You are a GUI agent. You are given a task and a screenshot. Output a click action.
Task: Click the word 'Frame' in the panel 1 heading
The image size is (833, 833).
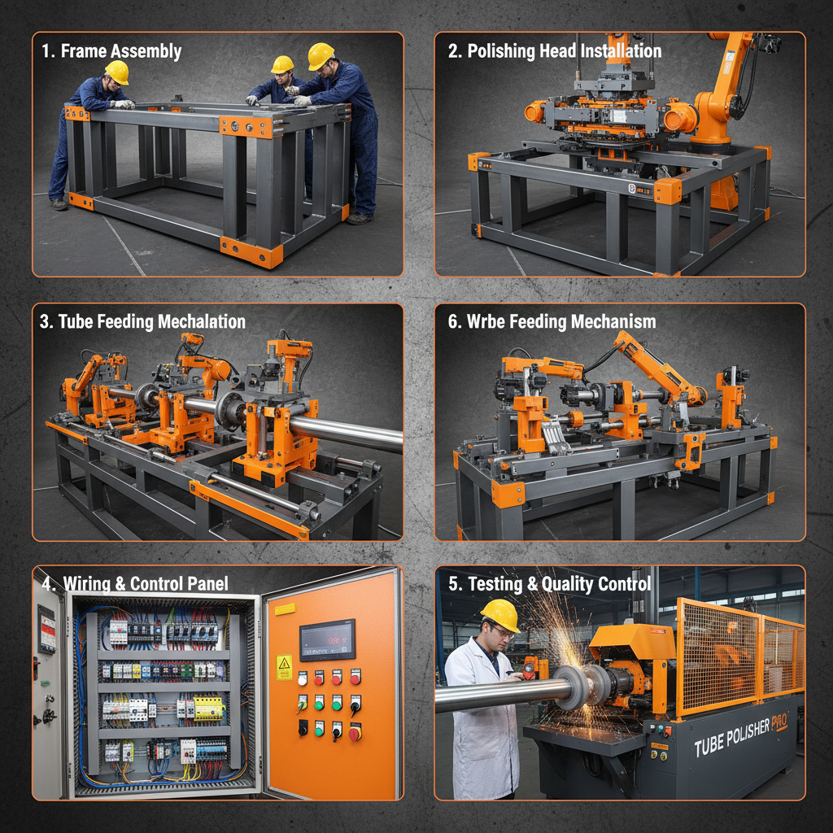pyautogui.click(x=83, y=51)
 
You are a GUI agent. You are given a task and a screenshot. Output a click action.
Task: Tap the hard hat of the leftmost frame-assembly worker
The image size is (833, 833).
pyautogui.click(x=117, y=72)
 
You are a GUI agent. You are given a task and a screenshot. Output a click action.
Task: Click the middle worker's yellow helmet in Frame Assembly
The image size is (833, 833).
pyautogui.click(x=282, y=64)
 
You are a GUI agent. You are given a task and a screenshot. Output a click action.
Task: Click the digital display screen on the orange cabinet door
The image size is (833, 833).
pyautogui.click(x=327, y=639)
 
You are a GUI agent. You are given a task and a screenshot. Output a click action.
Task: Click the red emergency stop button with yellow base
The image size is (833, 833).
pyautogui.click(x=355, y=734)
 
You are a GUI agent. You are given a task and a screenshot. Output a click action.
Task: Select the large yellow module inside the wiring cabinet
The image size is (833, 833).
pyautogui.click(x=209, y=708)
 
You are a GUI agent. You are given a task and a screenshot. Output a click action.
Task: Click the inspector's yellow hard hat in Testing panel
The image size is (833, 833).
pyautogui.click(x=499, y=614)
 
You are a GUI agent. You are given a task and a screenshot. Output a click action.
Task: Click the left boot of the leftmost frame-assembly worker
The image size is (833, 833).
pyautogui.click(x=59, y=204)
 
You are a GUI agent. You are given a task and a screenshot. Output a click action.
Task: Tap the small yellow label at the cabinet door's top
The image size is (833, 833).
pyautogui.click(x=285, y=609)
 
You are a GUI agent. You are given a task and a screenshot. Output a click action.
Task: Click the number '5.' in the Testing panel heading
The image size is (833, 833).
pyautogui.click(x=455, y=583)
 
